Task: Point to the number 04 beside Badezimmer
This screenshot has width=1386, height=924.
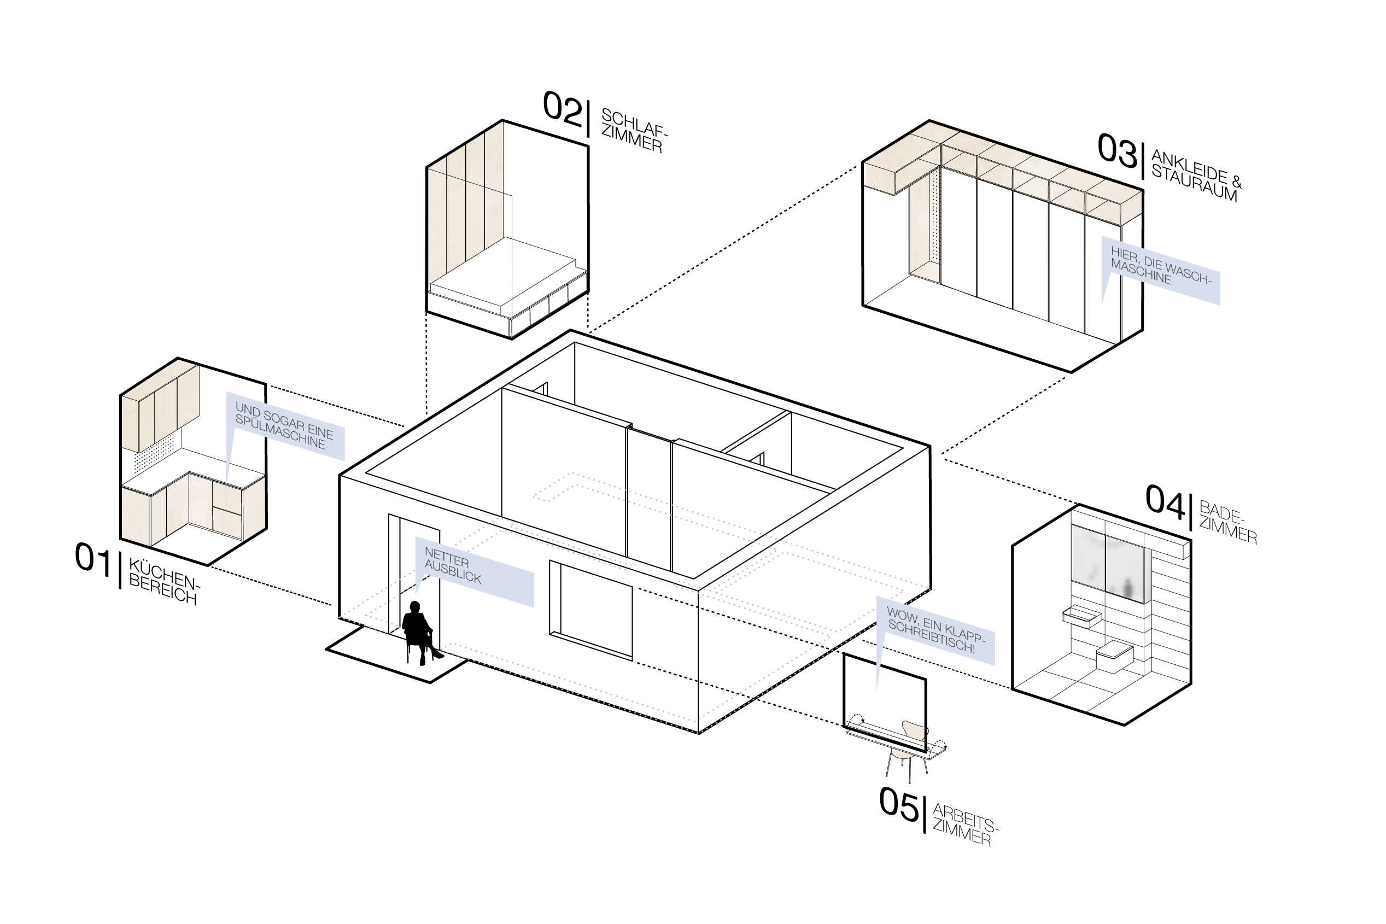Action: (x=1165, y=502)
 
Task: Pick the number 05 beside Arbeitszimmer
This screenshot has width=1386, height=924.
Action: (x=898, y=804)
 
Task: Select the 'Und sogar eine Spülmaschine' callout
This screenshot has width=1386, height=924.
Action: (x=285, y=427)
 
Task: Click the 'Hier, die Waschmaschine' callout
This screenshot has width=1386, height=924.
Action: (x=1160, y=270)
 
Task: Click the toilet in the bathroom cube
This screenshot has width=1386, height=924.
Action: (x=1114, y=656)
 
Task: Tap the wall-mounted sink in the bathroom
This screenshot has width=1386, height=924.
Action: (x=1081, y=616)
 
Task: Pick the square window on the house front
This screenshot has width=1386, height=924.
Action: (x=590, y=609)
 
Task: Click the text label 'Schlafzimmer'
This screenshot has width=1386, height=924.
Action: (x=634, y=131)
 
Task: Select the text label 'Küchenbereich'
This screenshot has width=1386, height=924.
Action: (x=164, y=582)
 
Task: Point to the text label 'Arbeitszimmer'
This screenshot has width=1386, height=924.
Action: (x=964, y=825)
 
